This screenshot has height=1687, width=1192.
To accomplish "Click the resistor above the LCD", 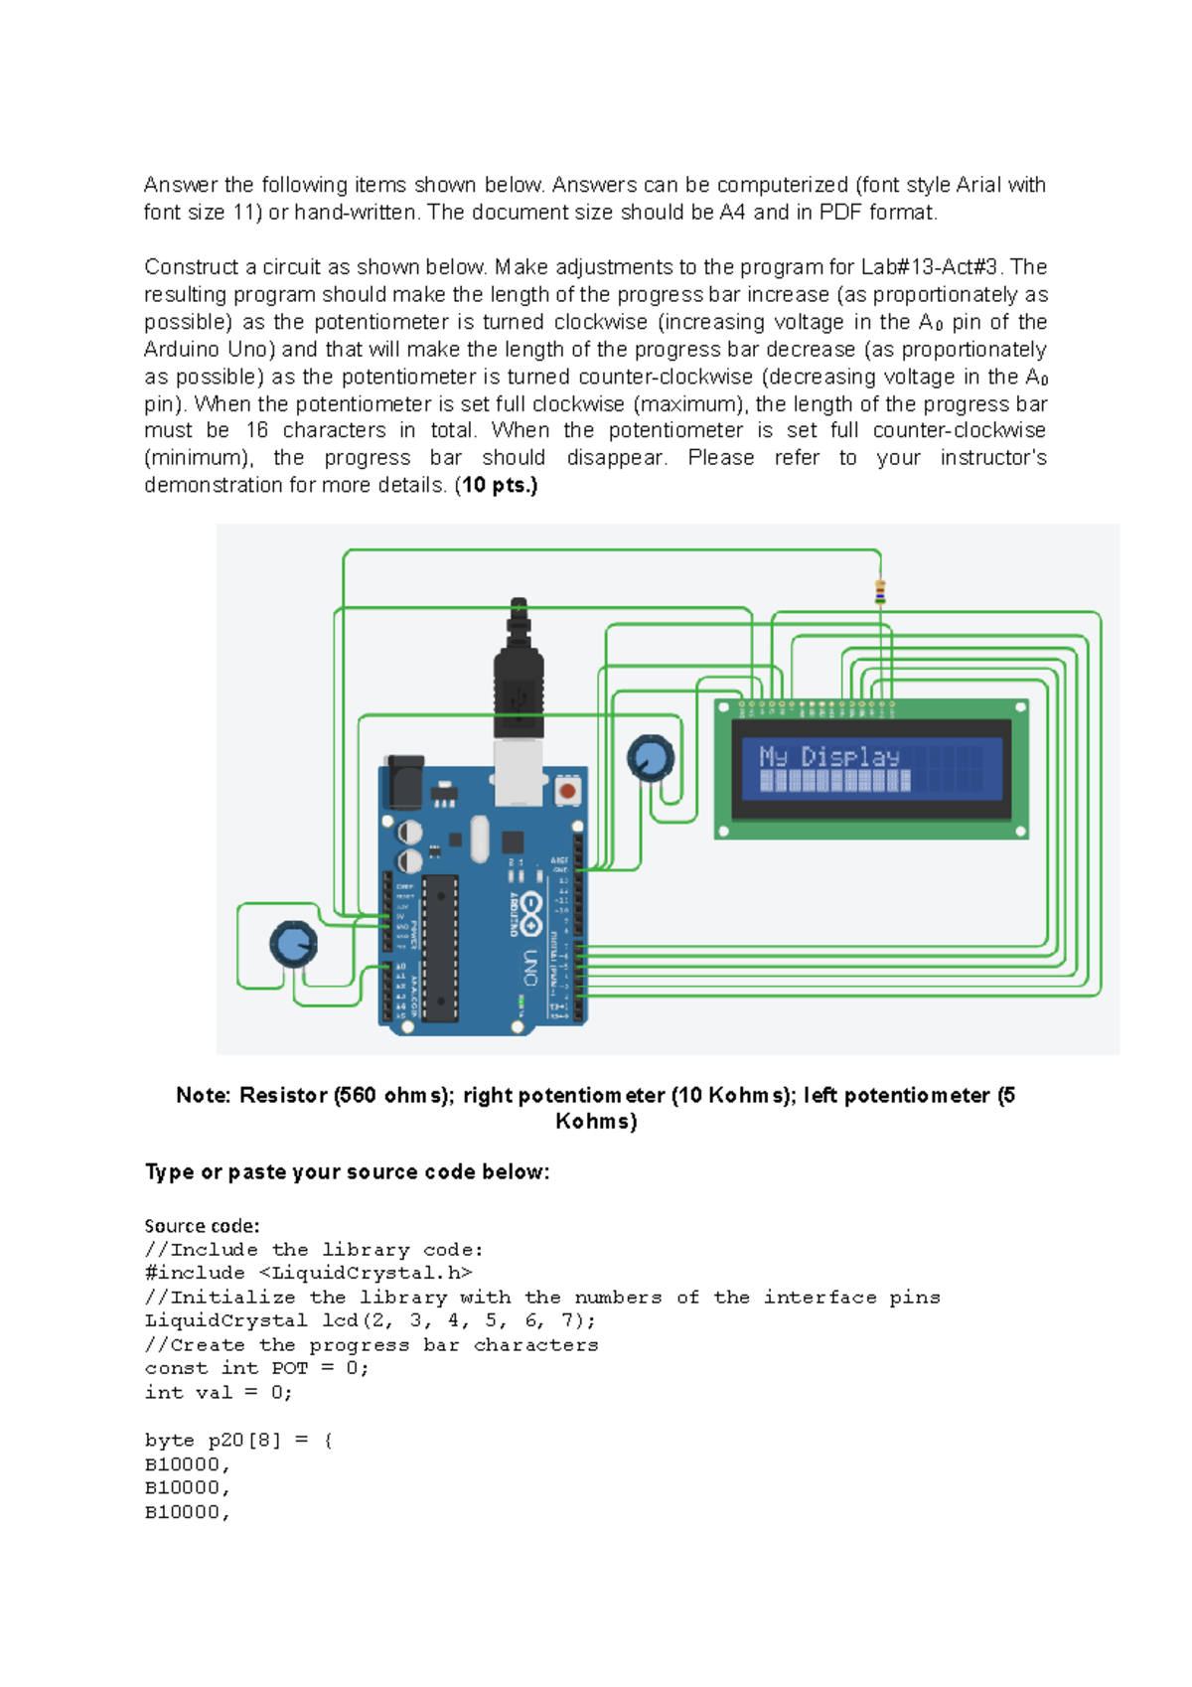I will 880,593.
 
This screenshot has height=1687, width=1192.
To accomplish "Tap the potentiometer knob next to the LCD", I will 651,758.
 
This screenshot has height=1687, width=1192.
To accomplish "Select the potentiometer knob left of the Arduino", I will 293,944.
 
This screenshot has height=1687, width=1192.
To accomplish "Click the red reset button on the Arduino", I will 567,791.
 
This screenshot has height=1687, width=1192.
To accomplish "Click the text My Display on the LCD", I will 829,757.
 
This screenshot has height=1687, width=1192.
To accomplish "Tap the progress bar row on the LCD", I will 835,782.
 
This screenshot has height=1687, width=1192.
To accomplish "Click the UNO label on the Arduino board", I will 530,968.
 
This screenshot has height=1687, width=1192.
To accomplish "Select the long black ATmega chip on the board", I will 440,948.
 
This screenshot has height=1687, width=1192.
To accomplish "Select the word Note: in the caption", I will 203,1096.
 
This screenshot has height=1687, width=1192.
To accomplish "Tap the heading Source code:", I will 202,1226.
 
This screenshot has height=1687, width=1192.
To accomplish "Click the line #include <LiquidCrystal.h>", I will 308,1274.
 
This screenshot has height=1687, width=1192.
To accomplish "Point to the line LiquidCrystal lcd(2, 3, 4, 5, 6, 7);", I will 370,1321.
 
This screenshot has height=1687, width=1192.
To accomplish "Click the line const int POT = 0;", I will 256,1369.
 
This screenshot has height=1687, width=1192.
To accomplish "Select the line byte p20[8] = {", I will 238,1441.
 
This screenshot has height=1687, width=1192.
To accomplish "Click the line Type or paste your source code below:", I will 347,1172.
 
